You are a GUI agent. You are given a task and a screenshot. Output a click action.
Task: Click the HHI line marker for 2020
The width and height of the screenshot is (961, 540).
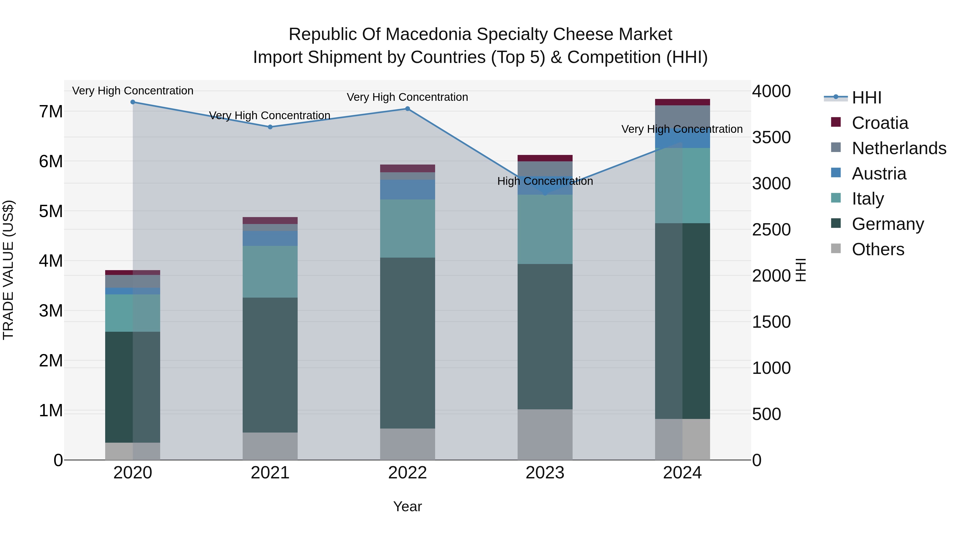point(133,102)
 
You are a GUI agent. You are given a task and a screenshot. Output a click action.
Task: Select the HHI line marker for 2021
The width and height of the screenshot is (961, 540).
point(270,127)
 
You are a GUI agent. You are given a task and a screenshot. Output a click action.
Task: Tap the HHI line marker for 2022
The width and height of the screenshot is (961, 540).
point(407,109)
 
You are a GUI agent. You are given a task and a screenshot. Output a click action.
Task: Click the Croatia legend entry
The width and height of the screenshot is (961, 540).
point(880,123)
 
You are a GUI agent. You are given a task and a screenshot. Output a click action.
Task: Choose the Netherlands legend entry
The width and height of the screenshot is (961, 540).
point(898,148)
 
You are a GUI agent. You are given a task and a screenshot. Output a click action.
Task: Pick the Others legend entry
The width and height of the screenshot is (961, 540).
point(878,249)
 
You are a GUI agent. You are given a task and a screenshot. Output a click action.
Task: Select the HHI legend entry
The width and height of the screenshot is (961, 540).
point(866,98)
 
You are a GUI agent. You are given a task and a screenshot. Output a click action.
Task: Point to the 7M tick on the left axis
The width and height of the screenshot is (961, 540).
point(51,112)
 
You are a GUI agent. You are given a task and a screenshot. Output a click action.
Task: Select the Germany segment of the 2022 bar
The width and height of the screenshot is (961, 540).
point(407,343)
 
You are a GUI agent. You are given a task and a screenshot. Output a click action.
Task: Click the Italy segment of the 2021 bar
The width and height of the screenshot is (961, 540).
point(270,272)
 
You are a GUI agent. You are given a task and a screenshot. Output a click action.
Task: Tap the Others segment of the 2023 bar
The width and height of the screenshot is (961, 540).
point(545,435)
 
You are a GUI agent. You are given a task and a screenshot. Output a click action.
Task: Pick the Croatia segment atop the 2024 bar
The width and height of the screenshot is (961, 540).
point(682,102)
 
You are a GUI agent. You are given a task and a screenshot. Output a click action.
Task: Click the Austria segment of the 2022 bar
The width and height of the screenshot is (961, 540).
point(407,190)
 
